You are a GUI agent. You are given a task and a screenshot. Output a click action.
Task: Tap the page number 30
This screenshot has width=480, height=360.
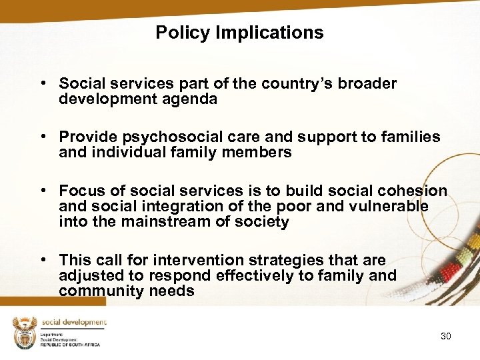(x=445, y=336)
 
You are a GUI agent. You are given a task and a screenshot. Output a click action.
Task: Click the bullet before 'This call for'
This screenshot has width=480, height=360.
(x=43, y=260)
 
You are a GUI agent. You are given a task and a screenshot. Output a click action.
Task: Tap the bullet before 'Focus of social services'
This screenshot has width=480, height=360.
(x=43, y=191)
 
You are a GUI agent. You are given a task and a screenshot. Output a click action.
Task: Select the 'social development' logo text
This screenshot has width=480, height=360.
(x=73, y=323)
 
